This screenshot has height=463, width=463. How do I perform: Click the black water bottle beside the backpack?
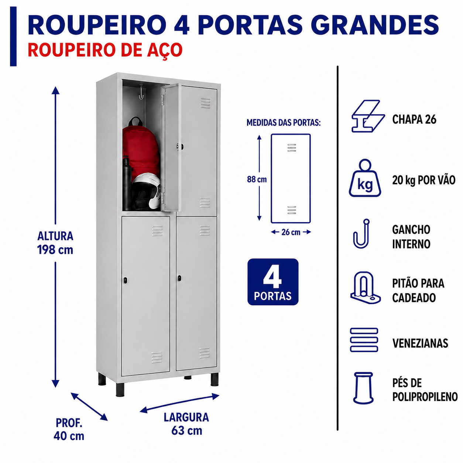pos(127,184)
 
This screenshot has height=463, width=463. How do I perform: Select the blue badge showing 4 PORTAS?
pos(273,282)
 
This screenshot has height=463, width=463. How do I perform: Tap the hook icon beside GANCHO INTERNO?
pos(361,234)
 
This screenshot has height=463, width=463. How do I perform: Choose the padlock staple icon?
pos(365,288)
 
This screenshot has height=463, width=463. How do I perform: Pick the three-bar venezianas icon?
pos(364,340)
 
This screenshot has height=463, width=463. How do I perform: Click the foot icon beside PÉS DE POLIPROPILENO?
pos(363,388)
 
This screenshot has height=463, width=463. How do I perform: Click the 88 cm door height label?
pos(257,179)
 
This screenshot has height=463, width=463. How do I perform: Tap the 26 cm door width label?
pos(291,232)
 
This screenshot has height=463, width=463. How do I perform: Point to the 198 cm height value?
pos(55,250)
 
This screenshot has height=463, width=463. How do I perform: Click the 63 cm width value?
pos(187,431)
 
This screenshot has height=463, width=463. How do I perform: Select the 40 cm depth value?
pos(69,436)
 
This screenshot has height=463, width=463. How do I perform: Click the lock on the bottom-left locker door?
pos(126,280)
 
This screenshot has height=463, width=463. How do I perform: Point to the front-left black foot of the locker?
pos(120,390)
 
